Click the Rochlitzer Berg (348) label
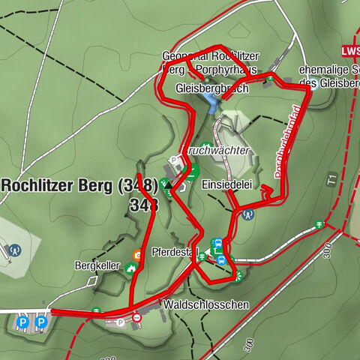pyautogui.click(x=79, y=184)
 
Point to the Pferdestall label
pyautogui.click(x=174, y=252)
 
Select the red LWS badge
pyautogui.click(x=350, y=50)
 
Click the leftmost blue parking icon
pyautogui.click(x=22, y=322)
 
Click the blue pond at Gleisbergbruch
pyautogui.click(x=209, y=102)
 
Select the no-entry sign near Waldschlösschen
pyautogui.click(x=136, y=318)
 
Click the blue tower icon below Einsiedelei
pyautogui.click(x=246, y=212)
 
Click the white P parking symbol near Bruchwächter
pyautogui.click(x=175, y=160)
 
